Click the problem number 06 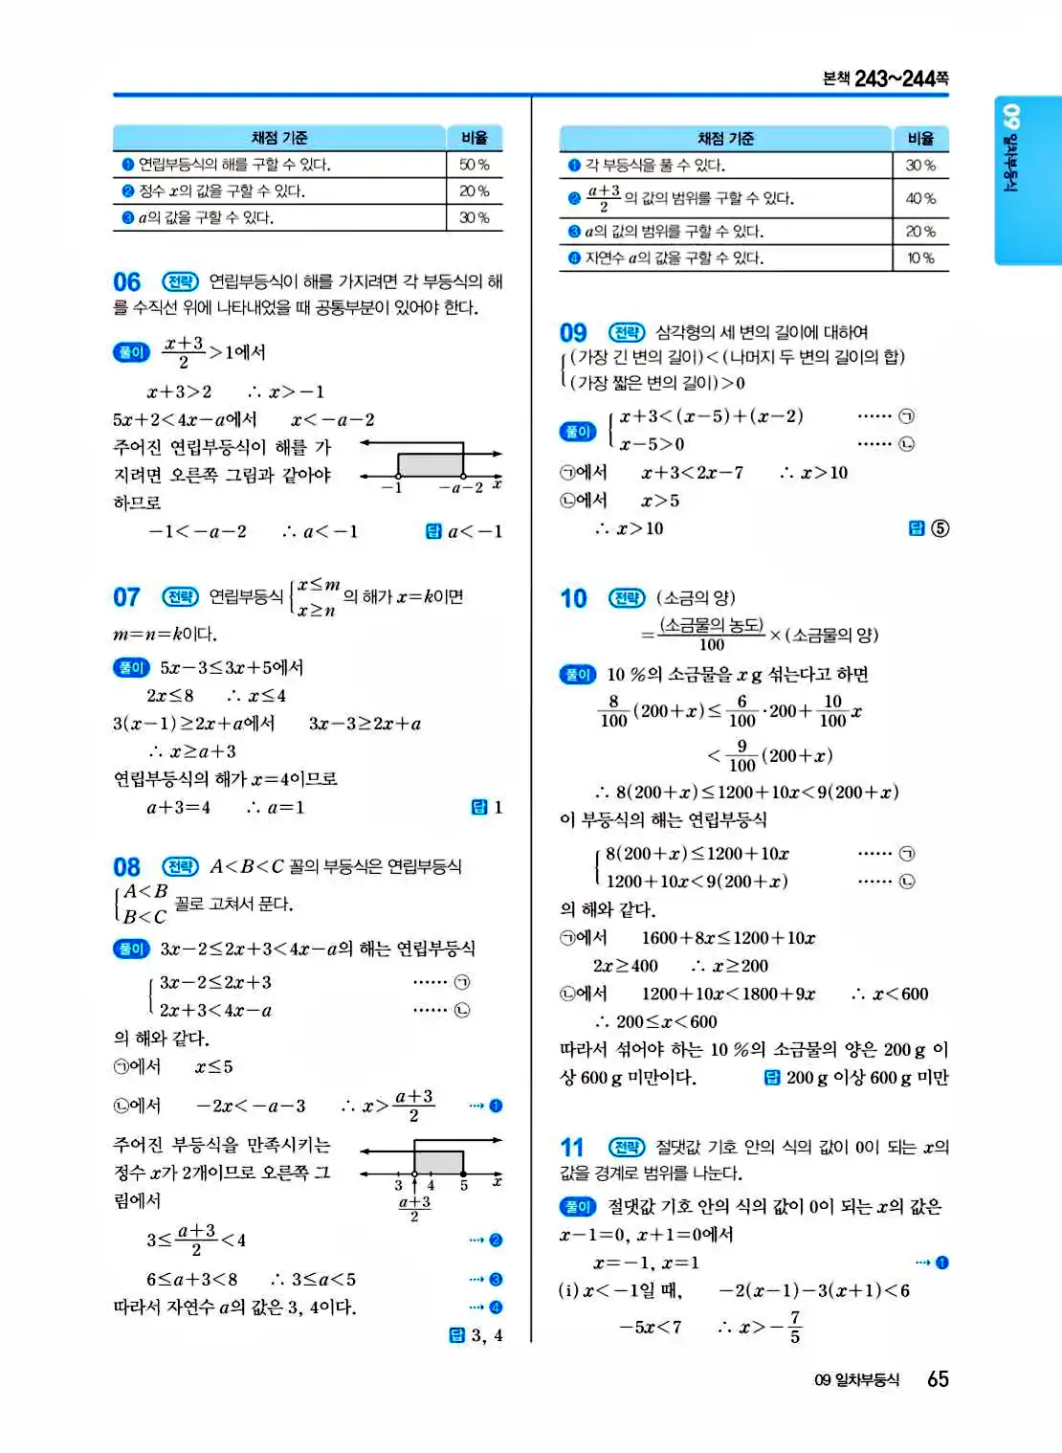[x=126, y=282]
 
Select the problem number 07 [x=126, y=597]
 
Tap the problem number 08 [x=126, y=867]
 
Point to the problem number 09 [x=573, y=333]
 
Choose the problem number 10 [x=573, y=599]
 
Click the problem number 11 [x=571, y=1148]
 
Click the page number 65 [x=938, y=1379]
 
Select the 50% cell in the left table [x=474, y=165]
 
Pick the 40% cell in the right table [x=920, y=198]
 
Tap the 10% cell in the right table [x=920, y=257]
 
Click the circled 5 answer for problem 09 [x=940, y=528]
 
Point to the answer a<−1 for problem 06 [x=476, y=531]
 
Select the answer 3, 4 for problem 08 [x=486, y=1335]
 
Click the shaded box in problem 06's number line [x=431, y=464]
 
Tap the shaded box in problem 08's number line [x=438, y=1162]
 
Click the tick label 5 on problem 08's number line [x=464, y=1186]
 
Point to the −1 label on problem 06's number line [x=392, y=488]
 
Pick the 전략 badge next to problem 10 [x=627, y=598]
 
